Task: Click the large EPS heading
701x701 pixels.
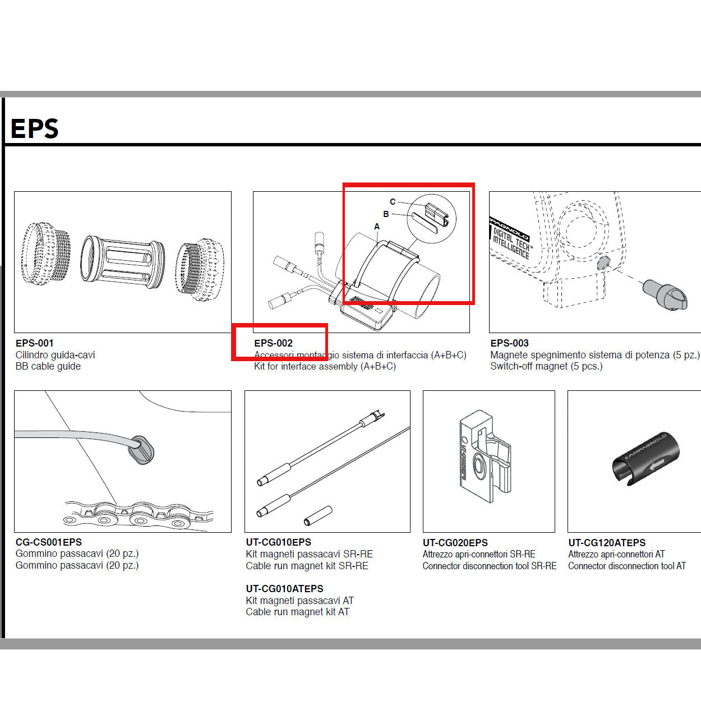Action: [x=34, y=128]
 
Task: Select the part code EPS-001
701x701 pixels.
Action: [x=35, y=343]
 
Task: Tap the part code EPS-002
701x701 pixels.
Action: [x=273, y=343]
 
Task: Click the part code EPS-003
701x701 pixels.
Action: [x=509, y=343]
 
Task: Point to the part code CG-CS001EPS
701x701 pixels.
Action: [x=49, y=542]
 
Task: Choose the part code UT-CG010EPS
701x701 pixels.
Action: [x=278, y=542]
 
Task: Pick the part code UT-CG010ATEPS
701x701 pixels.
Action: [x=284, y=589]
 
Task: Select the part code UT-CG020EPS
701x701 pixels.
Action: [x=455, y=543]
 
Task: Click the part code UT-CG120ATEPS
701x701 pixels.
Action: [x=607, y=543]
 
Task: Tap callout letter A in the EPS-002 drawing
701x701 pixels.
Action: [x=377, y=227]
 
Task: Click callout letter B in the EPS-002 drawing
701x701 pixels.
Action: [x=386, y=214]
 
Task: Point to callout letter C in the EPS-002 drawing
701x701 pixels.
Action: [x=393, y=202]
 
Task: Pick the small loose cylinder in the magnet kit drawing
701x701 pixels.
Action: [x=318, y=515]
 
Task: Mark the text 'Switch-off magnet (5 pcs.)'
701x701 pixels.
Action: [x=546, y=366]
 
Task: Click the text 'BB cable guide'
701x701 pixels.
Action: [x=48, y=366]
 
